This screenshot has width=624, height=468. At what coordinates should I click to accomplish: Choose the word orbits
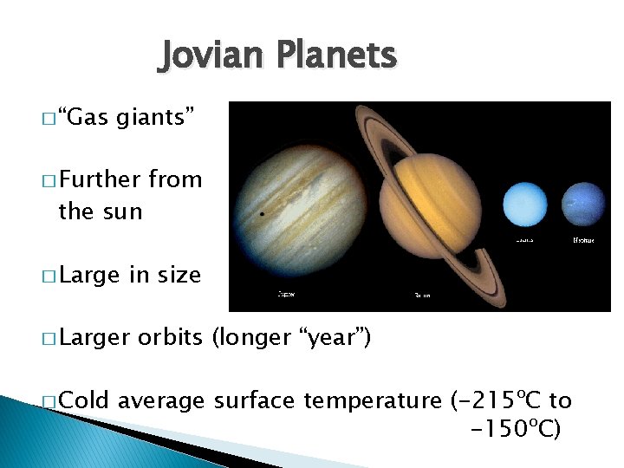coord(170,337)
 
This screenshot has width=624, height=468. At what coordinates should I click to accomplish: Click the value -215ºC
coord(499,400)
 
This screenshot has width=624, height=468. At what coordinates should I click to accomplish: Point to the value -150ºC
coord(515,428)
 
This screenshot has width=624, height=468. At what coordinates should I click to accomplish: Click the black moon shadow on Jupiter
coord(262,212)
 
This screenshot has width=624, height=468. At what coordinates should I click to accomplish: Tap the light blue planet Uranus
coord(526,204)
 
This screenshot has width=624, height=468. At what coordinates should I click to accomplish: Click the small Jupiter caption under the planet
coord(285,295)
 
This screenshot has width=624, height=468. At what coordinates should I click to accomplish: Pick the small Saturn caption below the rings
coord(422,296)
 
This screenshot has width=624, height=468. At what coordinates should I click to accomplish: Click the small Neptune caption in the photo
coord(583,238)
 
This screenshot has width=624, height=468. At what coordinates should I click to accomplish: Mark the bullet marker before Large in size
coord(48,277)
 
